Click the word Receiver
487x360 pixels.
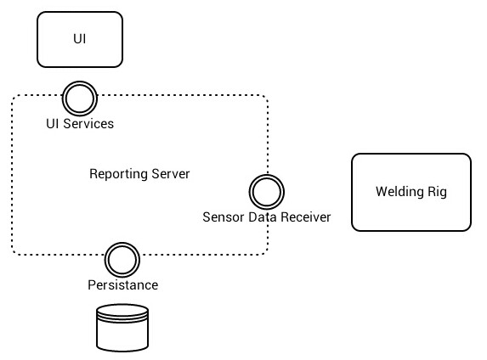305,217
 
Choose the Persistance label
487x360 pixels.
123,285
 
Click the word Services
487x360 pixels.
88,123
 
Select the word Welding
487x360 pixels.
399,192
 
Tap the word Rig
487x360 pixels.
438,192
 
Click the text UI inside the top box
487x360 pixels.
80,39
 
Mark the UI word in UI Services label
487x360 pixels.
53,123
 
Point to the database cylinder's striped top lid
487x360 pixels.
122,312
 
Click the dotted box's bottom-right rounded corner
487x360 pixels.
264,251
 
